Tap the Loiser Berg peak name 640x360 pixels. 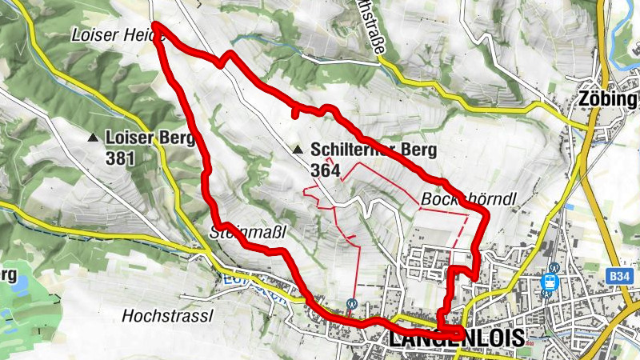tap(150, 138)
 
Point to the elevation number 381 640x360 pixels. tap(119, 158)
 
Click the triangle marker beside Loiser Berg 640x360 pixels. tap(94, 138)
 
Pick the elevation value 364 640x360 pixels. tap(325, 170)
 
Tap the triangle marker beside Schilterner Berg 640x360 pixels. tap(298, 150)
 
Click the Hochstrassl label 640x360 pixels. tap(167, 316)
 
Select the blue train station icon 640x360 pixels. tap(550, 282)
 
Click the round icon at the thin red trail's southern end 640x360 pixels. tap(351, 303)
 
